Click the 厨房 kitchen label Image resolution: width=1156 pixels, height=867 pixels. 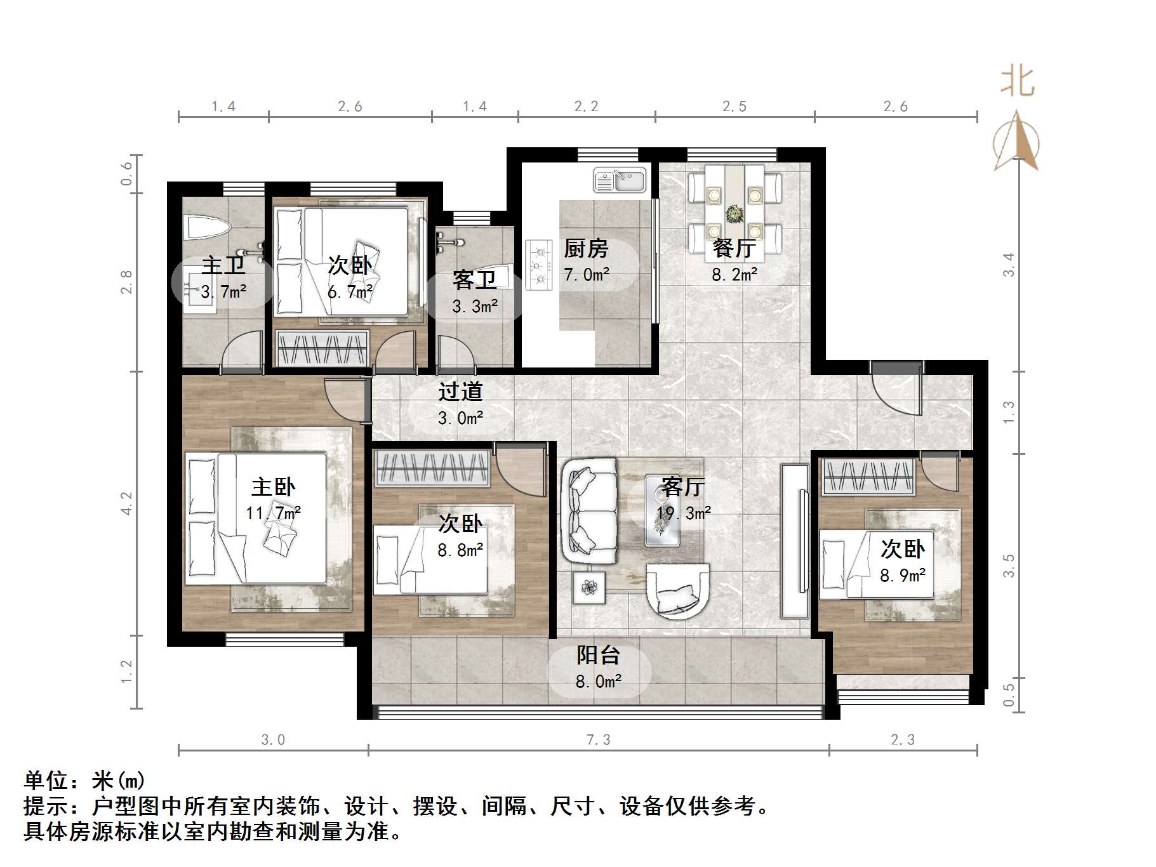coord(585,248)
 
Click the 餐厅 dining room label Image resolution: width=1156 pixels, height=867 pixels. coord(734,248)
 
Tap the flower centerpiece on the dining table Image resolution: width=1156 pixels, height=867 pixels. coord(735,214)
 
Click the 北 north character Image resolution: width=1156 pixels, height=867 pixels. coord(1017,82)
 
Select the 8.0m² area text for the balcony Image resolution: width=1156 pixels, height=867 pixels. coord(598,682)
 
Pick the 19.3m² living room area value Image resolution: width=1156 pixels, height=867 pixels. coord(684,513)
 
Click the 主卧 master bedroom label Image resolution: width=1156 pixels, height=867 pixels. coord(273,487)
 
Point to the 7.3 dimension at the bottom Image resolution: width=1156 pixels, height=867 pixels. coord(598,740)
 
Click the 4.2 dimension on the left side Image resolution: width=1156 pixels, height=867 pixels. coord(127,503)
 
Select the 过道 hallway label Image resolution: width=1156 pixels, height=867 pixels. coord(460,392)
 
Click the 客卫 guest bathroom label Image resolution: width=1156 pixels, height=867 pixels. coord(474,279)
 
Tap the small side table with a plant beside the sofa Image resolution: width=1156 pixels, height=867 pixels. coord(589,588)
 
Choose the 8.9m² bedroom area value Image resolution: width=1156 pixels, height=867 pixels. coord(902,576)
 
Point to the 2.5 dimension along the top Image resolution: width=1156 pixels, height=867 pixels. coord(734,107)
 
